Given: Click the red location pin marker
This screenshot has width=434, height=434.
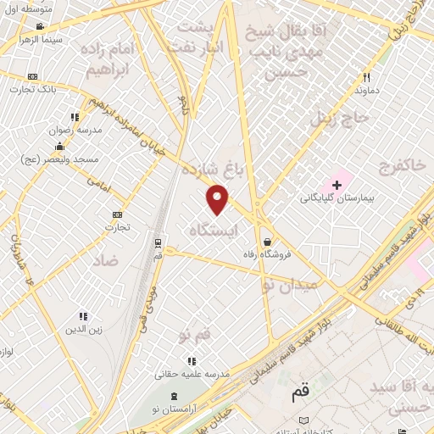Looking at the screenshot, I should tap(218, 198).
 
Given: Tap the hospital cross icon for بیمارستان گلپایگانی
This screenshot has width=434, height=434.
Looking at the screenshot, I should tap(337, 184).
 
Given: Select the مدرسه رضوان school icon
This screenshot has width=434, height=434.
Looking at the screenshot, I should tap(75, 117).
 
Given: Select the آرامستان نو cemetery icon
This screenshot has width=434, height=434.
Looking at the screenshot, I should tap(174, 397).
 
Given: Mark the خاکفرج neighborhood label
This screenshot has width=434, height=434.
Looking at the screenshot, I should tap(403, 163).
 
